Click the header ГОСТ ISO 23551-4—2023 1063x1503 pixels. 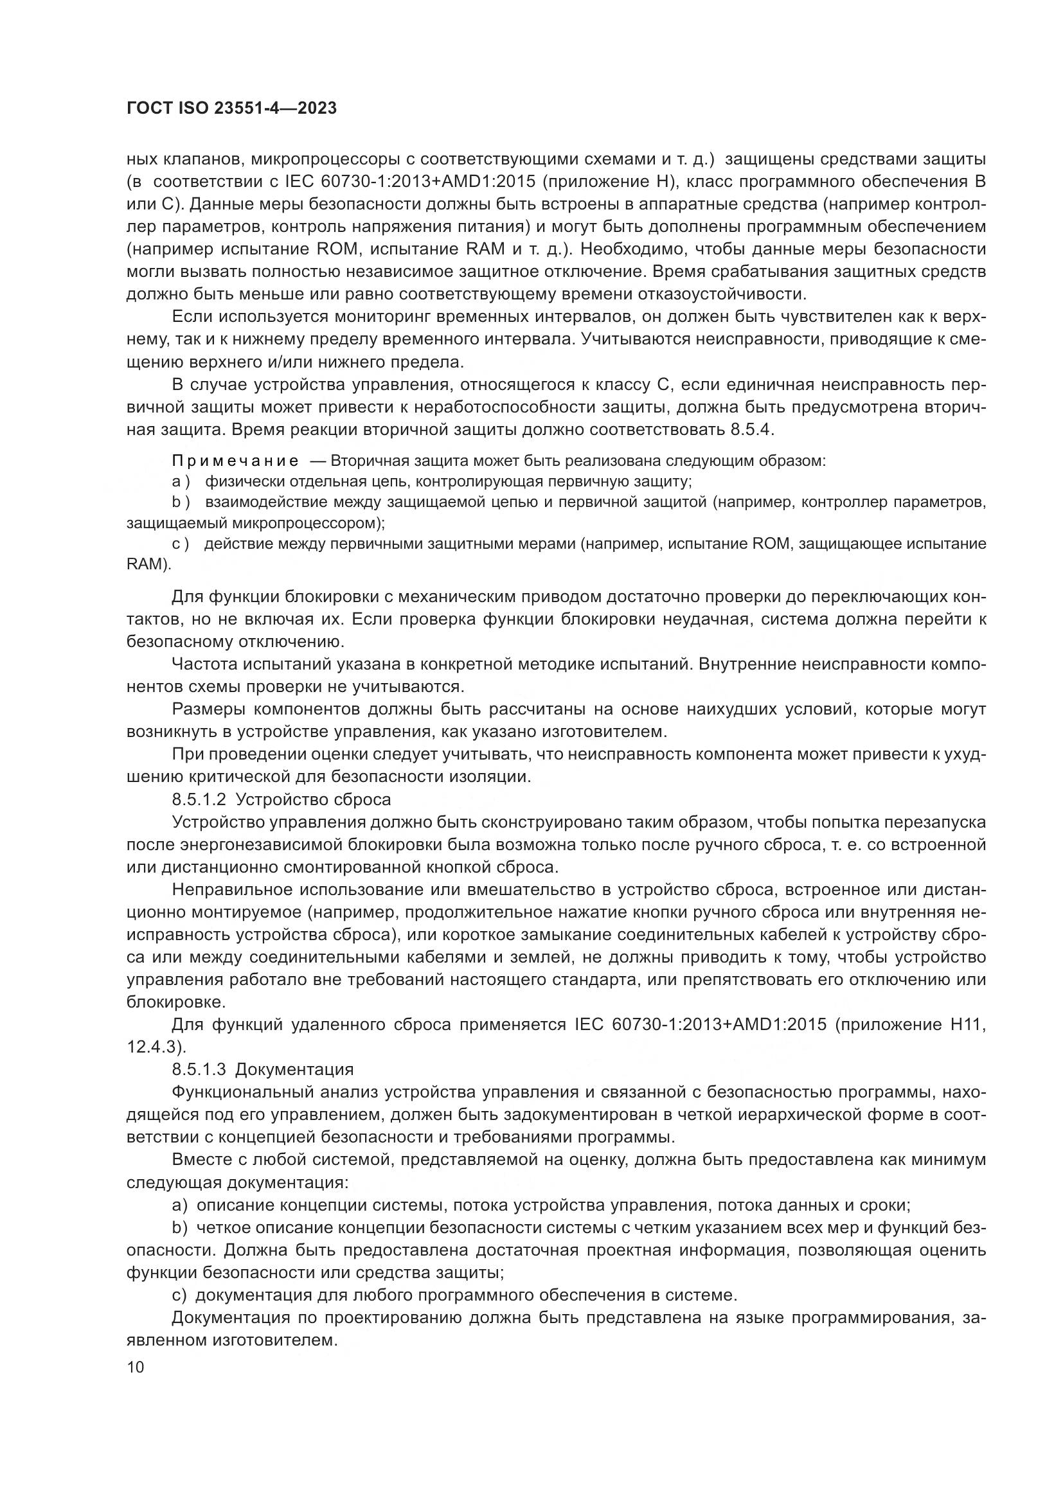pyautogui.click(x=231, y=109)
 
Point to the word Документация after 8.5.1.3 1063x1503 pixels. pyautogui.click(x=294, y=1070)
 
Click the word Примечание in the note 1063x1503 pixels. pyautogui.click(x=235, y=461)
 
